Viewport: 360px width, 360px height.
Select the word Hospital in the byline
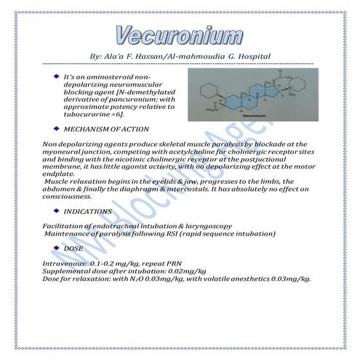[252, 55]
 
